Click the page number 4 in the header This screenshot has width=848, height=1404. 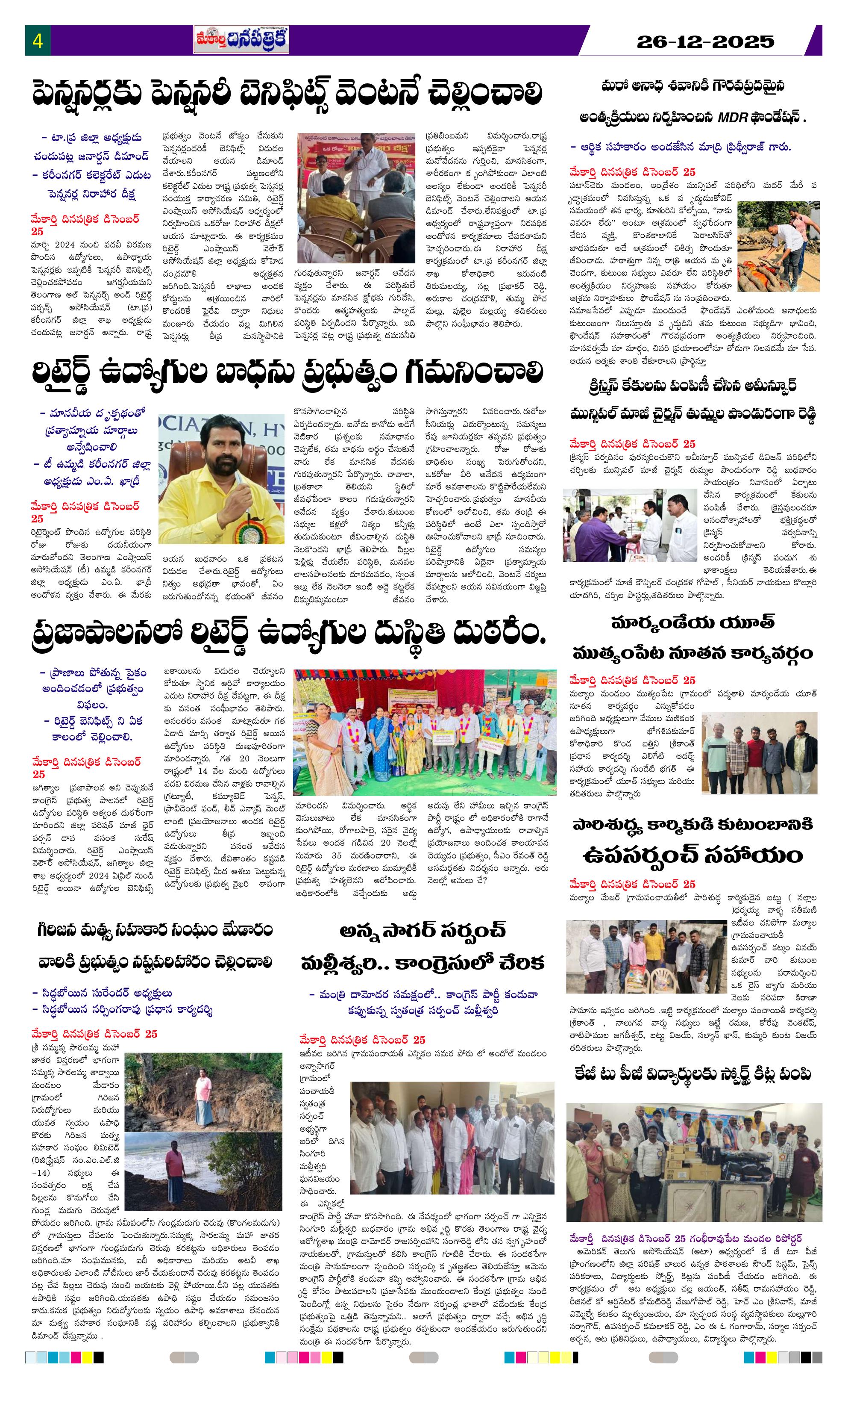[38, 41]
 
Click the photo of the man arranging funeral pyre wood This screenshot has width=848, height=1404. [778, 246]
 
